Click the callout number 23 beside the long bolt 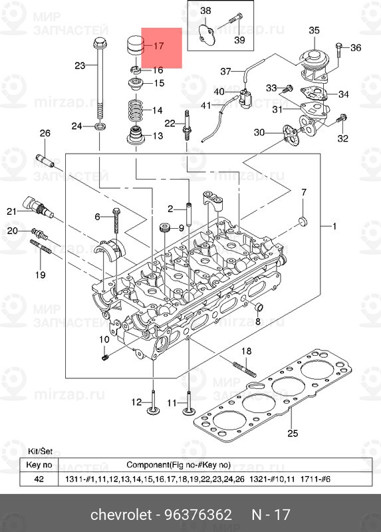tap(80, 65)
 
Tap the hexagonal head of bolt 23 tap(100, 43)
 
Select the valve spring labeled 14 tap(136, 110)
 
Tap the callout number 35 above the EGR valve tap(314, 31)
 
